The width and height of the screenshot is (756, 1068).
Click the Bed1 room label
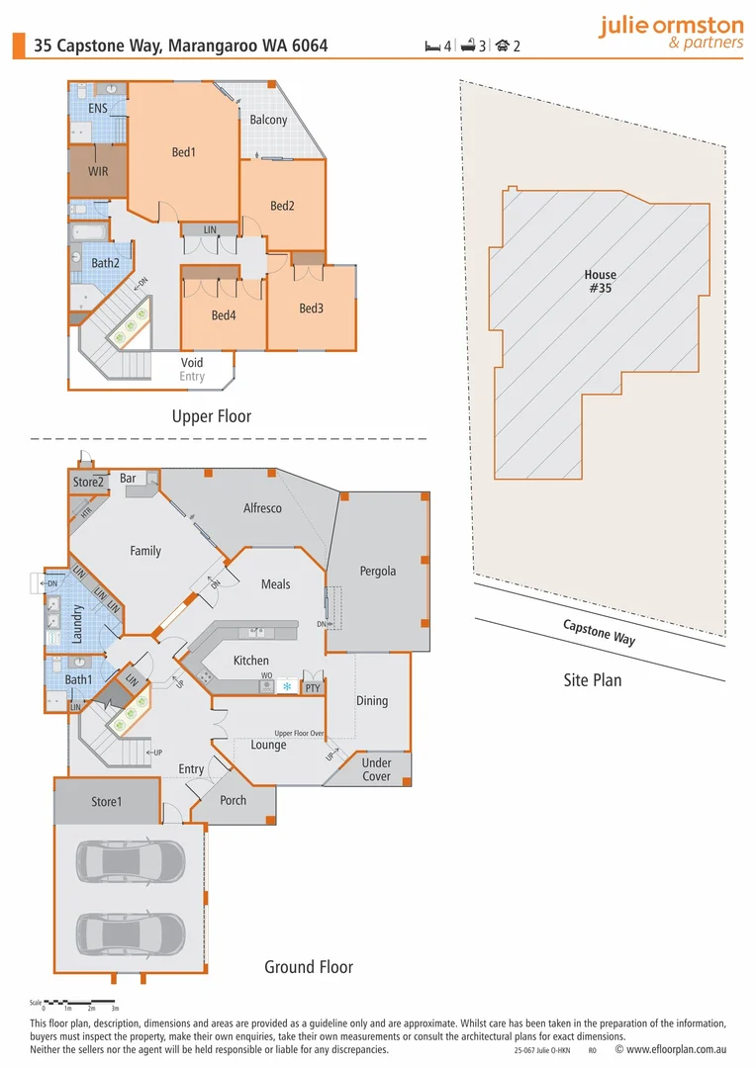[x=184, y=152]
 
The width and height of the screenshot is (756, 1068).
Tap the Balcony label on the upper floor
[x=268, y=120]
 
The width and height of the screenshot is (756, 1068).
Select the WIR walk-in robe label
[x=98, y=171]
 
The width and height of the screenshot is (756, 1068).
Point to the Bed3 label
[x=311, y=309]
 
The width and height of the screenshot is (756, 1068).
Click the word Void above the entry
[x=192, y=363]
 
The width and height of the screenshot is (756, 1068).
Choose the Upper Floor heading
[x=211, y=416]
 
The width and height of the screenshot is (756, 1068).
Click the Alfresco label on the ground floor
[x=262, y=508]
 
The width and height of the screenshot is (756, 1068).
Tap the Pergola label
[x=377, y=571]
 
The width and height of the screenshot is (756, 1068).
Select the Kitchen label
[x=250, y=661]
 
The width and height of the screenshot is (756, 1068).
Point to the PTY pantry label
[x=312, y=687]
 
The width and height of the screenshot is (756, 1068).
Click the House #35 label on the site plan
[x=600, y=282]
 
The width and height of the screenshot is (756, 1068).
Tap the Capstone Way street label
[x=599, y=632]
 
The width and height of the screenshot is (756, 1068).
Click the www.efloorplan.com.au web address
[x=679, y=1050]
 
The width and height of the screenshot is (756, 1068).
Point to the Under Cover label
[x=376, y=769]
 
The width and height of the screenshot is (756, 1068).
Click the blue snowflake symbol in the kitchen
[x=287, y=686]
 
